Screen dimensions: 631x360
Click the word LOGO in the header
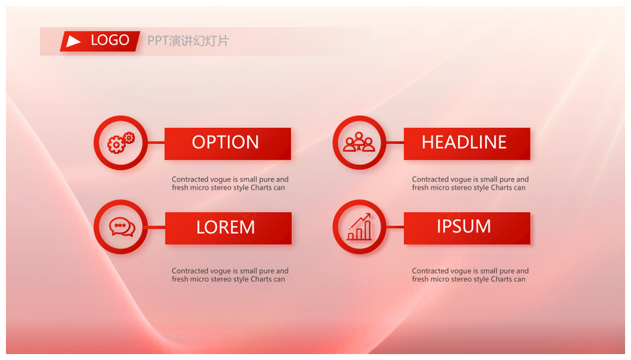tap(110, 40)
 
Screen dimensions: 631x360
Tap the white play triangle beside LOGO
tap(73, 41)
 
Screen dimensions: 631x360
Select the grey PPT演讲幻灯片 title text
tap(188, 41)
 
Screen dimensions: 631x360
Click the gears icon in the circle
tap(121, 143)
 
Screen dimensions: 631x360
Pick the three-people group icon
tap(359, 142)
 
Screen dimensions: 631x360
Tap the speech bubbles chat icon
tap(122, 227)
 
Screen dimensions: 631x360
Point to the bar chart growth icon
tap(360, 227)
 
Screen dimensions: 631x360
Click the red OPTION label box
tap(228, 144)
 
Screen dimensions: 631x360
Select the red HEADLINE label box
tap(467, 144)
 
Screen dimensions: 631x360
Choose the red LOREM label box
tap(228, 228)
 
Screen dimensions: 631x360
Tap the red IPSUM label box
tap(467, 228)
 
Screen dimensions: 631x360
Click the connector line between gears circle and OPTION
tap(156, 143)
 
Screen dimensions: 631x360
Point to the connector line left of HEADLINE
tap(395, 143)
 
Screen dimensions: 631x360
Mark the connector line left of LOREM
tap(156, 227)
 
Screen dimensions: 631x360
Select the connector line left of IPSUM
tap(395, 227)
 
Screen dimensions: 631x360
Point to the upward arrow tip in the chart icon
tap(369, 214)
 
